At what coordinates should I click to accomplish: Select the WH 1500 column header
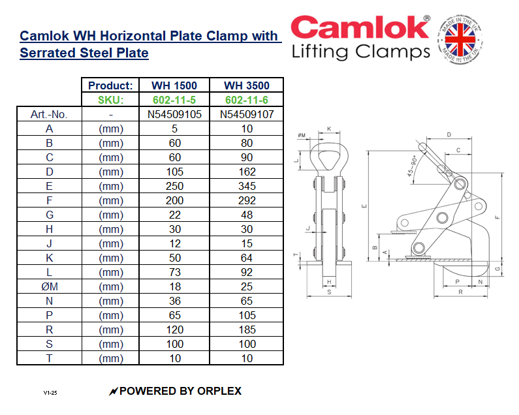click(x=174, y=85)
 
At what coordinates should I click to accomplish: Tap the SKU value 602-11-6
click(x=246, y=100)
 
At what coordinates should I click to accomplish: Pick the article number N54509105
click(x=174, y=114)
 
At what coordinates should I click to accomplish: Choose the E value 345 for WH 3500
click(x=246, y=186)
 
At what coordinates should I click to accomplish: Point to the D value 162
click(x=246, y=172)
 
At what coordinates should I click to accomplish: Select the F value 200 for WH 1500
click(x=174, y=200)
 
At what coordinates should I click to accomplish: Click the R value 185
click(x=246, y=330)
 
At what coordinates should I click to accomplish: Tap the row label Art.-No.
click(x=50, y=114)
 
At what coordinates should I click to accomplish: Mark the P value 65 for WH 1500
click(x=174, y=315)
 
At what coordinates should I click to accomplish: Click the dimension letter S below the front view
click(x=328, y=293)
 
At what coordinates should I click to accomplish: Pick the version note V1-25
click(x=51, y=393)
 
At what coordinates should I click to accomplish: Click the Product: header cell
click(x=110, y=85)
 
